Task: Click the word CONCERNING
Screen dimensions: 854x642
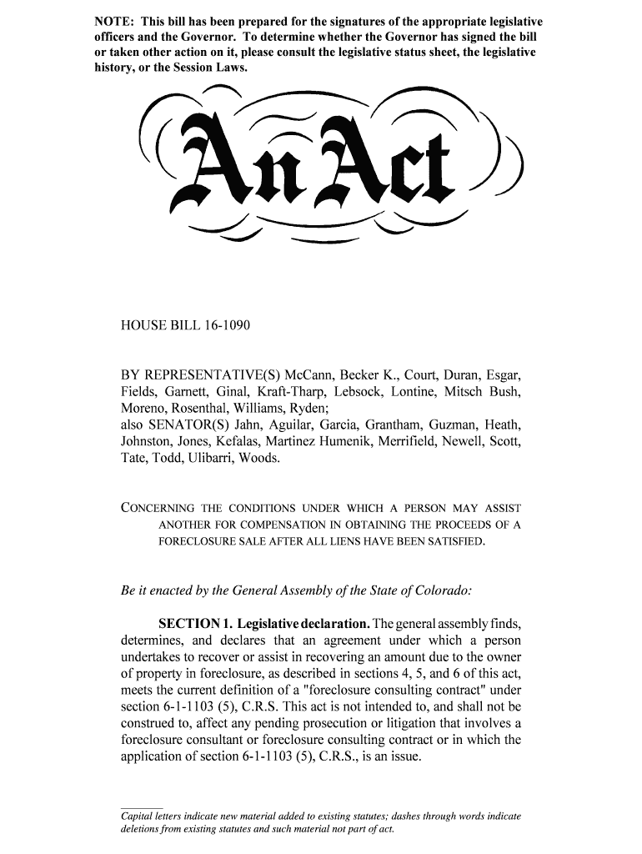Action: (158, 508)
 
